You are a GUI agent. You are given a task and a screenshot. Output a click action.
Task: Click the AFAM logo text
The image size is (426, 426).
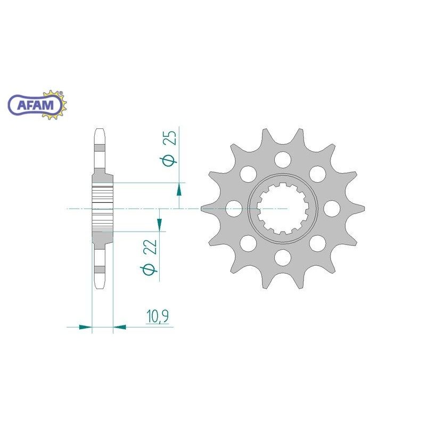pyautogui.click(x=36, y=104)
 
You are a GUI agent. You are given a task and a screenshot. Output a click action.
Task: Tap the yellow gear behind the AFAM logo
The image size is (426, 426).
pyautogui.click(x=54, y=105)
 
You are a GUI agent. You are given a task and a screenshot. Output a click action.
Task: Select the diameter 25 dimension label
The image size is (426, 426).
pyautogui.click(x=168, y=148)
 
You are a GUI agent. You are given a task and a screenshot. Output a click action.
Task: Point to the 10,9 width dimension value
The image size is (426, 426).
pyautogui.click(x=158, y=316)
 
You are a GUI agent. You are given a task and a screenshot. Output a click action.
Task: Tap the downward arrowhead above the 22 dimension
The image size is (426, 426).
pyautogui.click(x=159, y=224)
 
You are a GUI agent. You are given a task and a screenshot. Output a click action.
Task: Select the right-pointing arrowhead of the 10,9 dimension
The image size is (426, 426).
pyautogui.click(x=85, y=327)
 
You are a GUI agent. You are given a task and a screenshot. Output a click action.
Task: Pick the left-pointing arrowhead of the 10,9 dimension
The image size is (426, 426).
pyautogui.click(x=120, y=327)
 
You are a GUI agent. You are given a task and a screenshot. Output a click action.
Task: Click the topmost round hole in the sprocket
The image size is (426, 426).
pyautogui.click(x=283, y=159)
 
